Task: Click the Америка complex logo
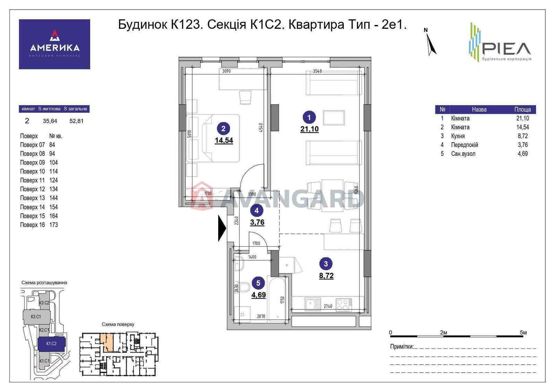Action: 54,44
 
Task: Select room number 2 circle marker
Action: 223,129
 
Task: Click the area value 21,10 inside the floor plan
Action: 309,129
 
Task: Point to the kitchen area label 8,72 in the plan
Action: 326,276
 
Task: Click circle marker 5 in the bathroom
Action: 258,283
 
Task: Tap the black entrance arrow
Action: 222,228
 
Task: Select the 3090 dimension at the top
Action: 226,71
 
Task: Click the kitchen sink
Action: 313,305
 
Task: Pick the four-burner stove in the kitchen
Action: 343,305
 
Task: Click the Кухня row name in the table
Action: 458,136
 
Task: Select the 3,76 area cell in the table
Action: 522,145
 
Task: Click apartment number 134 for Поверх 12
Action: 53,189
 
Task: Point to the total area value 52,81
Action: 76,121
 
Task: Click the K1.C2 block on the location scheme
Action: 51,343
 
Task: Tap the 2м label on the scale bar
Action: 443,332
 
